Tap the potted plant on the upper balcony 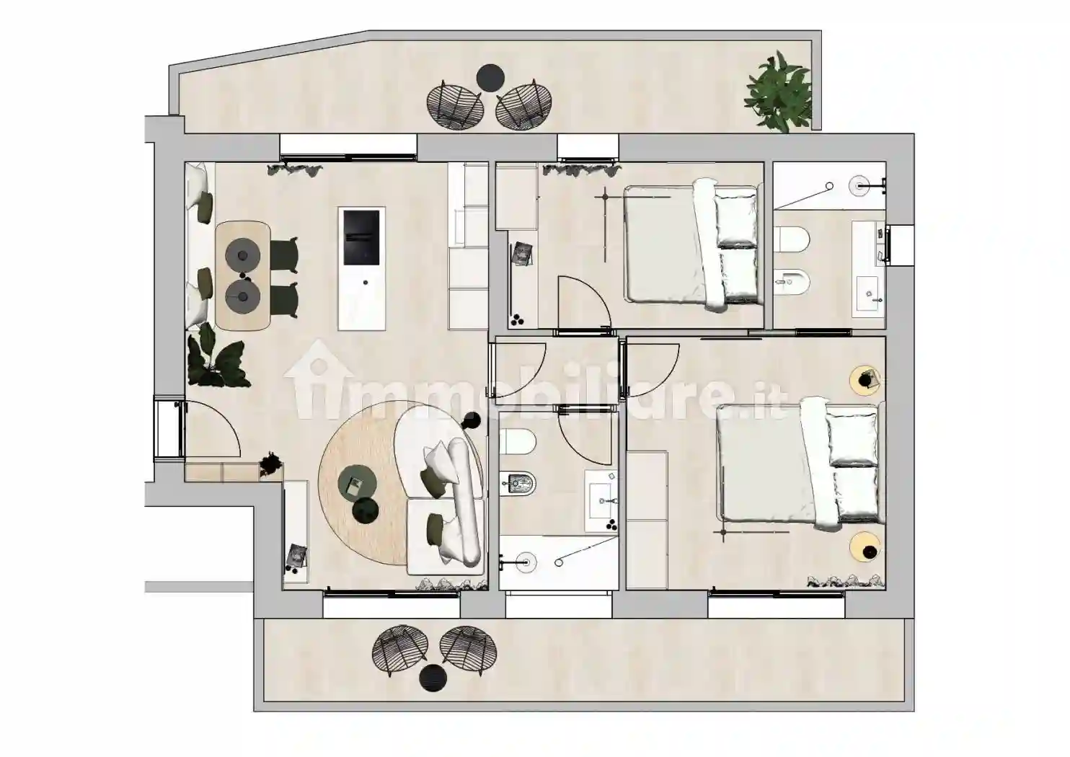click(x=779, y=92)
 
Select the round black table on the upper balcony click(x=490, y=77)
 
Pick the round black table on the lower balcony click(x=433, y=677)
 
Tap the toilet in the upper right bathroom click(x=791, y=239)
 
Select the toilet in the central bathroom click(x=517, y=442)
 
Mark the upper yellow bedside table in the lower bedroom click(x=865, y=380)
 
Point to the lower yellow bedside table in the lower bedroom click(x=865, y=546)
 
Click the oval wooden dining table click(x=243, y=276)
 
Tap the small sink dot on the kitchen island click(x=366, y=283)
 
